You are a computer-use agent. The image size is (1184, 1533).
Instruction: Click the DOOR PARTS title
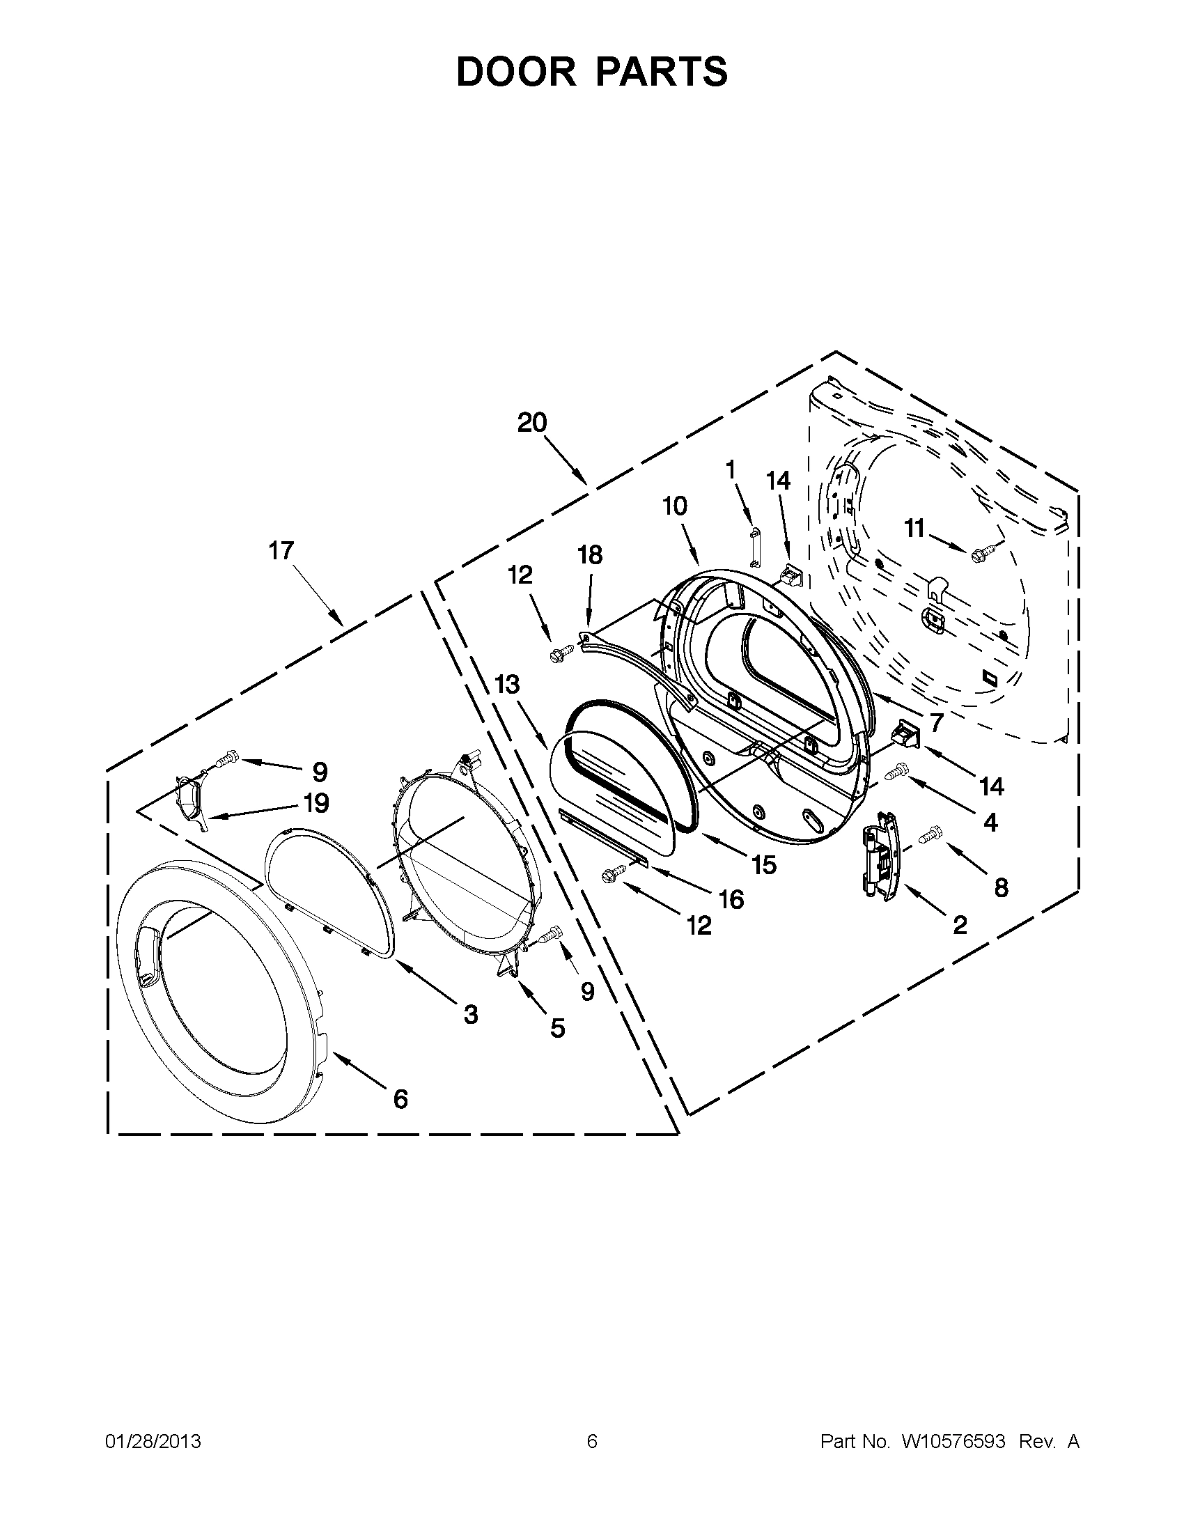tap(591, 72)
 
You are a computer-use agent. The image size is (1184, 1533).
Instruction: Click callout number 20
tap(532, 423)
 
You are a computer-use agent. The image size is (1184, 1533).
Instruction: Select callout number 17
tap(281, 551)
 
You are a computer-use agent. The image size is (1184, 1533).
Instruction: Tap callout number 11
tap(914, 528)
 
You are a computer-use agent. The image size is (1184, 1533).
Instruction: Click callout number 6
tap(400, 1099)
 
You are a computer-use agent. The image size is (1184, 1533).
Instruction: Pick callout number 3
tap(470, 1013)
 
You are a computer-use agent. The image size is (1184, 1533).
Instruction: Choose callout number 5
tap(557, 1028)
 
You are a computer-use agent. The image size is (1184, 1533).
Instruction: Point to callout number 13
tap(507, 684)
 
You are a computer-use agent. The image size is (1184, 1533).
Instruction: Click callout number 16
tap(731, 899)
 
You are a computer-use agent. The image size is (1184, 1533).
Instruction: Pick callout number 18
tap(589, 554)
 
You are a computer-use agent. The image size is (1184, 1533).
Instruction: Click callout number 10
tap(675, 506)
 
